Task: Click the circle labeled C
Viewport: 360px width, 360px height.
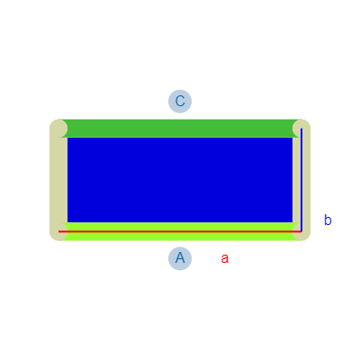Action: coord(180,102)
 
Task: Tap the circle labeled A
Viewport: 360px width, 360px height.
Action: coord(180,258)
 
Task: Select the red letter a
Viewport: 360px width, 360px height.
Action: coord(225,258)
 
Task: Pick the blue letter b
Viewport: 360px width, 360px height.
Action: coord(328,220)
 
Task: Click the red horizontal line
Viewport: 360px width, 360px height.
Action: coord(180,231)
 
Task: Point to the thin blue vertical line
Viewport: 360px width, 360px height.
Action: coord(301,180)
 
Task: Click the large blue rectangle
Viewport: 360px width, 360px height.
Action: coord(180,180)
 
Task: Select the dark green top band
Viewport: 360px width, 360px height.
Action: coord(180,129)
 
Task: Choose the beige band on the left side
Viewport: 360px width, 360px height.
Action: coord(58,180)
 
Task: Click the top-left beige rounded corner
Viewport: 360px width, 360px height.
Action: coord(58,129)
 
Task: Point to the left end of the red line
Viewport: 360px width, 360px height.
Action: coord(58,231)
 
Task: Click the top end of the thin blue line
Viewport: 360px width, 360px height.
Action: coord(301,129)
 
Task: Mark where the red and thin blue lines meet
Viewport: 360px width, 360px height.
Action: coord(301,231)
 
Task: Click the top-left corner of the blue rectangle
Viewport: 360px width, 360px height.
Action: coord(67,138)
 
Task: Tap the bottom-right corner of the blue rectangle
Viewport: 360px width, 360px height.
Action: coord(292,222)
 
